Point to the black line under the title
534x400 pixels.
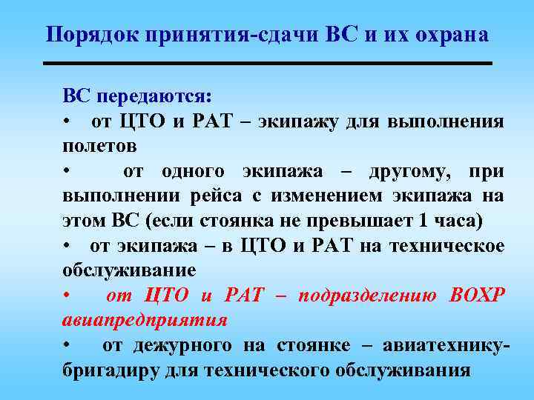point(268,64)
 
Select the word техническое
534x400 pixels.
point(452,246)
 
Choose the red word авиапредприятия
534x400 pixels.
point(145,321)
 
